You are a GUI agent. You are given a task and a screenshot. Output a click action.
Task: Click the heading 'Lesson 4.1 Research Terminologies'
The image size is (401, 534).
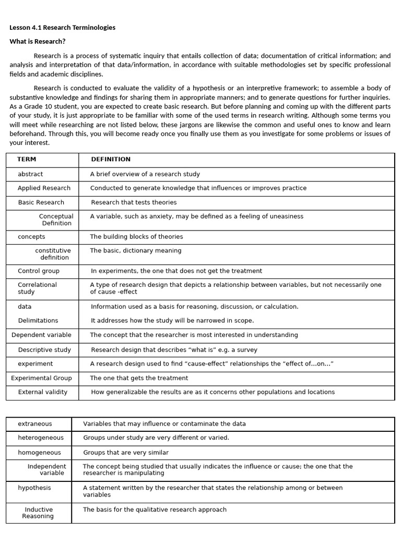pyautogui.click(x=63, y=28)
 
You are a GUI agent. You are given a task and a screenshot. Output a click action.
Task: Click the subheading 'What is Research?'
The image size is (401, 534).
pyautogui.click(x=38, y=42)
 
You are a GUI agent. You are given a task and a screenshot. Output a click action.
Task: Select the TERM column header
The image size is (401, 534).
pyautogui.click(x=27, y=160)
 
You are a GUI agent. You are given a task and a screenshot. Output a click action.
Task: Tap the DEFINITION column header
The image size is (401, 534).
pyautogui.click(x=111, y=160)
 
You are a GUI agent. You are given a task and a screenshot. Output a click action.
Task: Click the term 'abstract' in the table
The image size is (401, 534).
pyautogui.click(x=30, y=174)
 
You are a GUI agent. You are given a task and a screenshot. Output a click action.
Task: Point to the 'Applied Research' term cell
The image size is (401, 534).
pyautogui.click(x=44, y=188)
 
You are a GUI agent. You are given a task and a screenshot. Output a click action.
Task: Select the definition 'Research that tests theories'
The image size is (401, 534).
pyautogui.click(x=134, y=202)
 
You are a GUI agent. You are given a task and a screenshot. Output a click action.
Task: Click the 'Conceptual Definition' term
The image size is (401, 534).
pyautogui.click(x=56, y=220)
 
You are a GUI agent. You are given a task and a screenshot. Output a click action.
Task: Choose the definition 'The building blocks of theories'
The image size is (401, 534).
pyautogui.click(x=136, y=237)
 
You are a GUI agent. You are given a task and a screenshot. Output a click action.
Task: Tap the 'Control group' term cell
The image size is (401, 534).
pyautogui.click(x=39, y=271)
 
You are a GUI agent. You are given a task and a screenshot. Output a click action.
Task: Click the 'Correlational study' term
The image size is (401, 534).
pyautogui.click(x=37, y=288)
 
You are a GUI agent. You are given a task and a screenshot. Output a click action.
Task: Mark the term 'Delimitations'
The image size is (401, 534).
pyautogui.click(x=38, y=321)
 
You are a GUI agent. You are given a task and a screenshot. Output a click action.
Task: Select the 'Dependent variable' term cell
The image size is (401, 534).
pyautogui.click(x=41, y=335)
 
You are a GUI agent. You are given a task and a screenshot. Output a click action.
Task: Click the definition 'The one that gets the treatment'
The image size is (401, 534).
pyautogui.click(x=139, y=378)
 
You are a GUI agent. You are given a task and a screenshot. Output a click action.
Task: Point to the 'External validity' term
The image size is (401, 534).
pyautogui.click(x=42, y=392)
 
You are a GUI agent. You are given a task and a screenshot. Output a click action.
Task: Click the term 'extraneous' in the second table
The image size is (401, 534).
pyautogui.click(x=35, y=424)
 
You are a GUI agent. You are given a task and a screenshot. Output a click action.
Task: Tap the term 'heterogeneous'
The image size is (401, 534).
pyautogui.click(x=41, y=438)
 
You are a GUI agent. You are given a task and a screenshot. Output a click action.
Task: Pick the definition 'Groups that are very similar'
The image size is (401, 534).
pyautogui.click(x=126, y=453)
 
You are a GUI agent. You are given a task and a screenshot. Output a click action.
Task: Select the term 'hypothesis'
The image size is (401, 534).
pyautogui.click(x=34, y=488)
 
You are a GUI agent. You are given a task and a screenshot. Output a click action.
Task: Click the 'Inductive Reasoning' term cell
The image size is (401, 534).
pyautogui.click(x=38, y=513)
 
